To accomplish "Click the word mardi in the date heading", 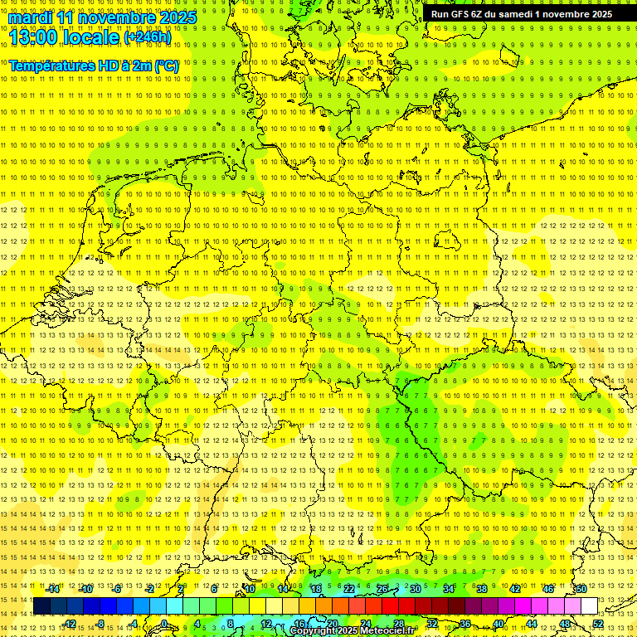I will (32, 17).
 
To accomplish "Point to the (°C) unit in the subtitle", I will (165, 66).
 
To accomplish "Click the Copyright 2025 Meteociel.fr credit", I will (352, 631).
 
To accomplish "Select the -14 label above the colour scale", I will (52, 589).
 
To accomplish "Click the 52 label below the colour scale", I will (598, 624).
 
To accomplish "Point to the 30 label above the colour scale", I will (416, 589).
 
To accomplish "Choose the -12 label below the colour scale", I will (70, 624).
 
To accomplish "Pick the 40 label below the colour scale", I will (498, 624).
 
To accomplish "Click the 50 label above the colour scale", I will (581, 589).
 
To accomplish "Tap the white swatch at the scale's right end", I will (590, 606).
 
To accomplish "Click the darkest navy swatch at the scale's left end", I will (41, 606).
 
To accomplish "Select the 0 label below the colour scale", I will (165, 624).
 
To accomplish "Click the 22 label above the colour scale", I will (349, 589).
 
